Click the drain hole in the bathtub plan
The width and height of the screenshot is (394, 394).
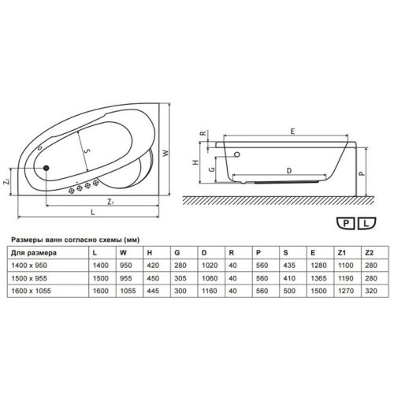[x=46, y=168]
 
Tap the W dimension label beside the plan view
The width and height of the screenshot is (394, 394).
[x=165, y=153]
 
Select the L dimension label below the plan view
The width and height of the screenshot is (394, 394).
[x=92, y=212]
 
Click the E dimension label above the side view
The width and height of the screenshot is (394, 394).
[x=292, y=132]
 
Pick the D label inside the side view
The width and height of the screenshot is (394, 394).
[x=289, y=171]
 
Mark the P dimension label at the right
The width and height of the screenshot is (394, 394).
[x=362, y=173]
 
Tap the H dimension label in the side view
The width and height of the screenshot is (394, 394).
[x=195, y=162]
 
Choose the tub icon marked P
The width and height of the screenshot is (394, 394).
[x=346, y=223]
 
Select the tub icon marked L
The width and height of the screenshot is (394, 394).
[x=366, y=223]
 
